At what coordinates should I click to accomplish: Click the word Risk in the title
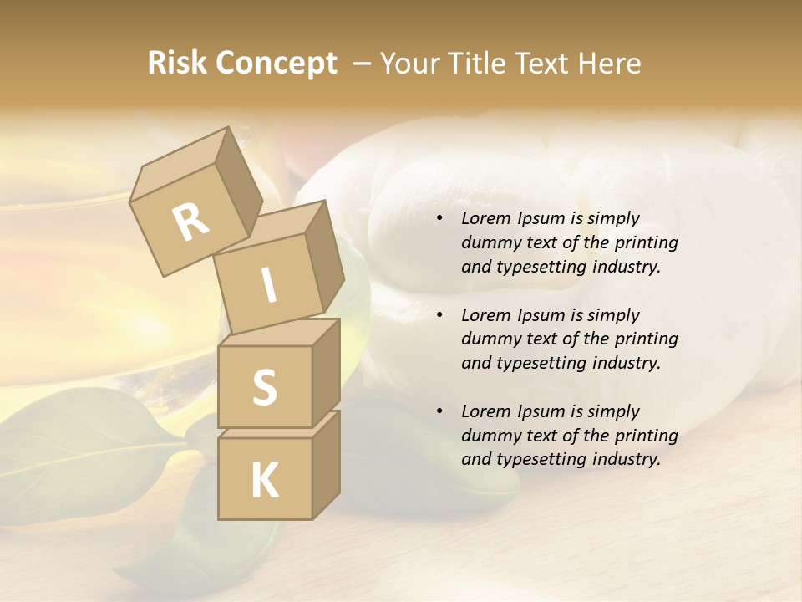176,64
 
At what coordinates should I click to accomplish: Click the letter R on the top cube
190,222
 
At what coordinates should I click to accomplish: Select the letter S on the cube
264,387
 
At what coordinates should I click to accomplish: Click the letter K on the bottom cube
264,481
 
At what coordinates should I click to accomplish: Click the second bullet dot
439,316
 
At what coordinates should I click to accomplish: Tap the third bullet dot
439,412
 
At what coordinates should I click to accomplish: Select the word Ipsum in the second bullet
541,315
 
